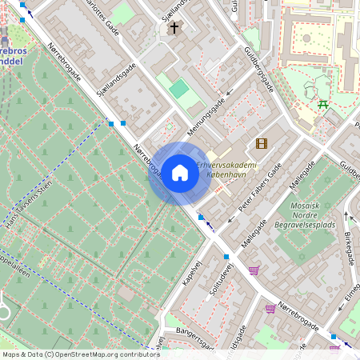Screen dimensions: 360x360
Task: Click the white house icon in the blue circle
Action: coord(179,173)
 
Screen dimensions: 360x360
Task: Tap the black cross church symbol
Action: coord(174,28)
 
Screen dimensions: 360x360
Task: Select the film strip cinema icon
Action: coord(261,143)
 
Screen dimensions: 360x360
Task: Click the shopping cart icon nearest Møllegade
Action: coord(254,270)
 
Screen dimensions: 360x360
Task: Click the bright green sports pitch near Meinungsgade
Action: coord(179,88)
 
